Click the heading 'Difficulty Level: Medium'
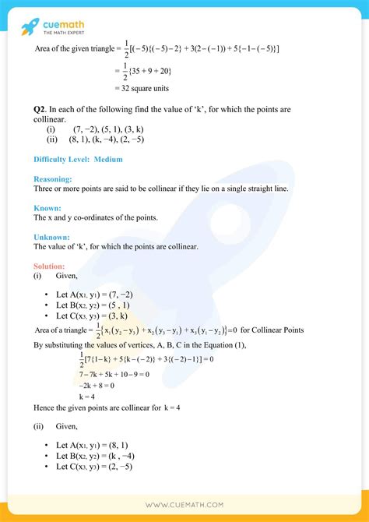(x=78, y=160)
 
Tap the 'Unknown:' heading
(x=51, y=236)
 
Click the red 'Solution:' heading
(x=51, y=266)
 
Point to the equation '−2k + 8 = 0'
(x=96, y=385)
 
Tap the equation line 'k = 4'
(x=88, y=396)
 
